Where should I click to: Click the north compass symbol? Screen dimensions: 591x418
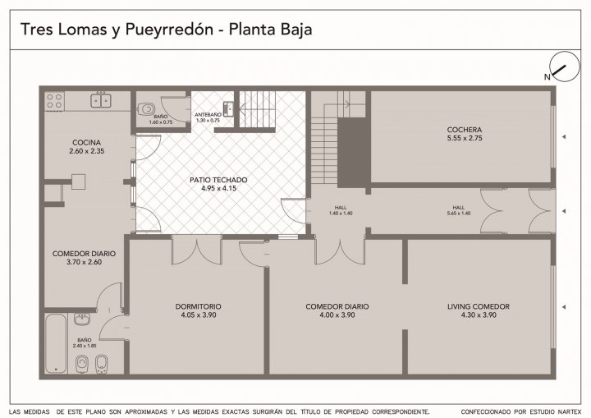click(564, 67)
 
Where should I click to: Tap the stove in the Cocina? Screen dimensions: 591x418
click(55, 101)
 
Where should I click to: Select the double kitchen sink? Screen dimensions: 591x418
click(101, 100)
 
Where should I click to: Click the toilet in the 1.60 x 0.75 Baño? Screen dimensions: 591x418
click(146, 109)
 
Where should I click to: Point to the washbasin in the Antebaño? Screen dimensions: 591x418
click(229, 108)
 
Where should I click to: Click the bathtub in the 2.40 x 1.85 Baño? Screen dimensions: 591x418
click(56, 343)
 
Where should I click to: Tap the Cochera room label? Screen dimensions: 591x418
click(465, 130)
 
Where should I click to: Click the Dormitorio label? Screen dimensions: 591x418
click(199, 306)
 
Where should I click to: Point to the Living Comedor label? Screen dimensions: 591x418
click(479, 306)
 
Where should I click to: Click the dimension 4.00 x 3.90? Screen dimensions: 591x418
click(337, 315)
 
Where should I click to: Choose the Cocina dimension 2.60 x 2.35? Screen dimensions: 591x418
click(87, 151)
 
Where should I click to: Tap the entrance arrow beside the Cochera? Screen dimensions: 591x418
click(564, 136)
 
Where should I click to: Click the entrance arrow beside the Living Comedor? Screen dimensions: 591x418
click(564, 307)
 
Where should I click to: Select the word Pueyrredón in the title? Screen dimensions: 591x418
click(169, 30)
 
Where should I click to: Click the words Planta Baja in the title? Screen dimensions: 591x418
click(271, 29)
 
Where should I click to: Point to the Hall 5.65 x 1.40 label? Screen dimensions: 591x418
click(459, 210)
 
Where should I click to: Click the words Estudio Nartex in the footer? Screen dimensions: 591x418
click(554, 411)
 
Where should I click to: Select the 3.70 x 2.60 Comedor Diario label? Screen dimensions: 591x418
click(84, 258)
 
